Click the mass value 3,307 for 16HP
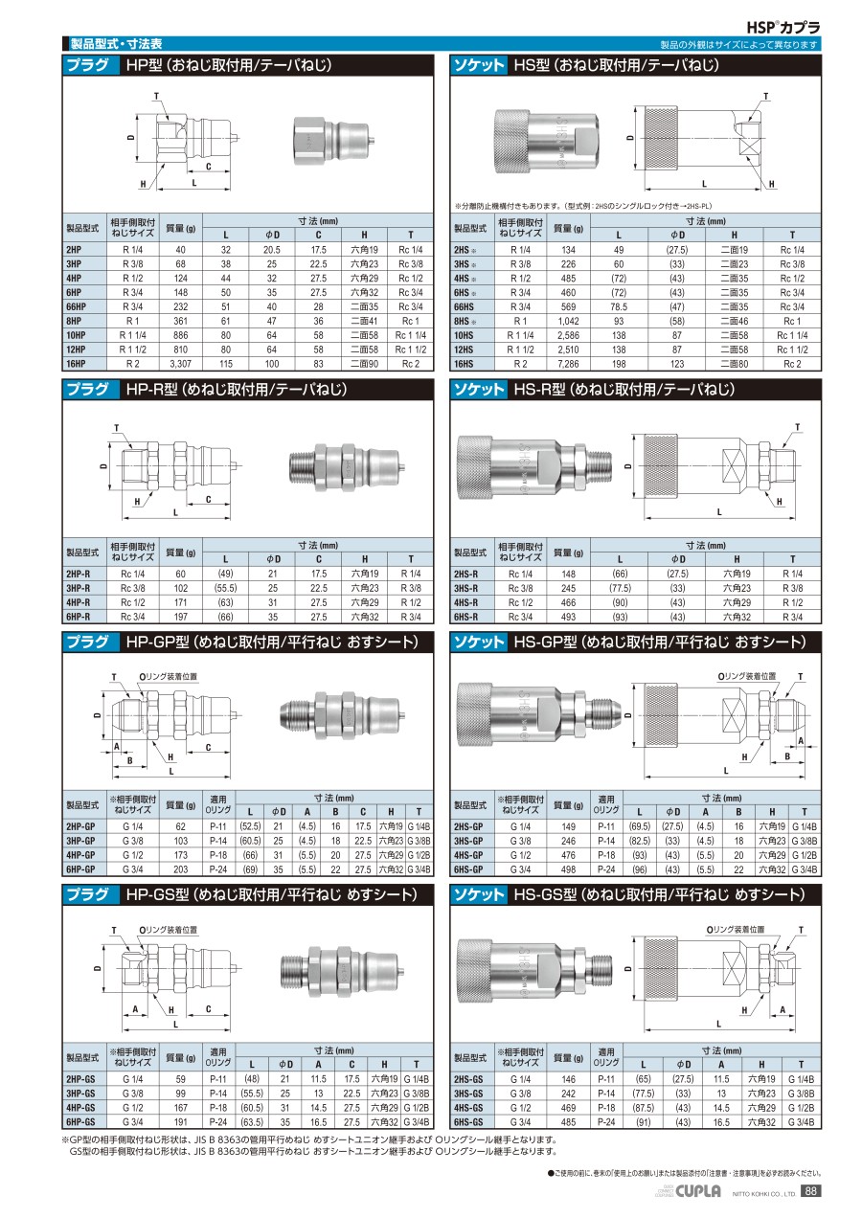[180, 364]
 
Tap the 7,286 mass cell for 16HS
[568, 364]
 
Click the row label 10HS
[464, 335]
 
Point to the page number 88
[810, 1191]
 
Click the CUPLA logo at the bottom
[698, 1191]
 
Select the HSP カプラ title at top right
[783, 27]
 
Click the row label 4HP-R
[79, 602]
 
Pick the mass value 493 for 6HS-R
[568, 617]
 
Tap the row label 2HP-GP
[80, 826]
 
